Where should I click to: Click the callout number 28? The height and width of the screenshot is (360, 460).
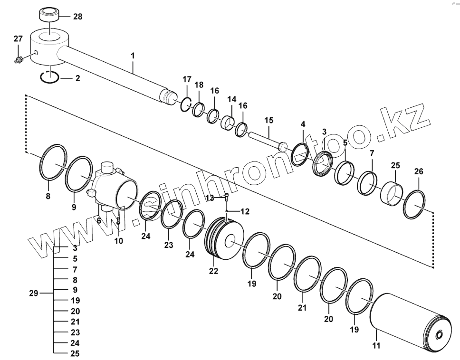point(77,17)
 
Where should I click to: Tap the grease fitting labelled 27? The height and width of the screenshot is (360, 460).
point(19,59)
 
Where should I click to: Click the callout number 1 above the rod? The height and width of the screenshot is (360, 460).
point(133,56)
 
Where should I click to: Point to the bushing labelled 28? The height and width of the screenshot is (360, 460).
point(50,13)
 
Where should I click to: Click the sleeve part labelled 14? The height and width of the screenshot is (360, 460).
point(228,123)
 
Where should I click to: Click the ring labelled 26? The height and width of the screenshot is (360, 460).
point(414,204)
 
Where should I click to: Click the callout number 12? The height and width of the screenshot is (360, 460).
point(245,211)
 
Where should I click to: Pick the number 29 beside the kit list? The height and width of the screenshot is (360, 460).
point(33,294)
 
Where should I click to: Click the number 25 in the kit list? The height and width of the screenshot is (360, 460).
point(75,353)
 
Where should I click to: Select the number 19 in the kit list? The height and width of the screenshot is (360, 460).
point(75,301)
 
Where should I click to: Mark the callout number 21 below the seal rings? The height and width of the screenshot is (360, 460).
point(302,308)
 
